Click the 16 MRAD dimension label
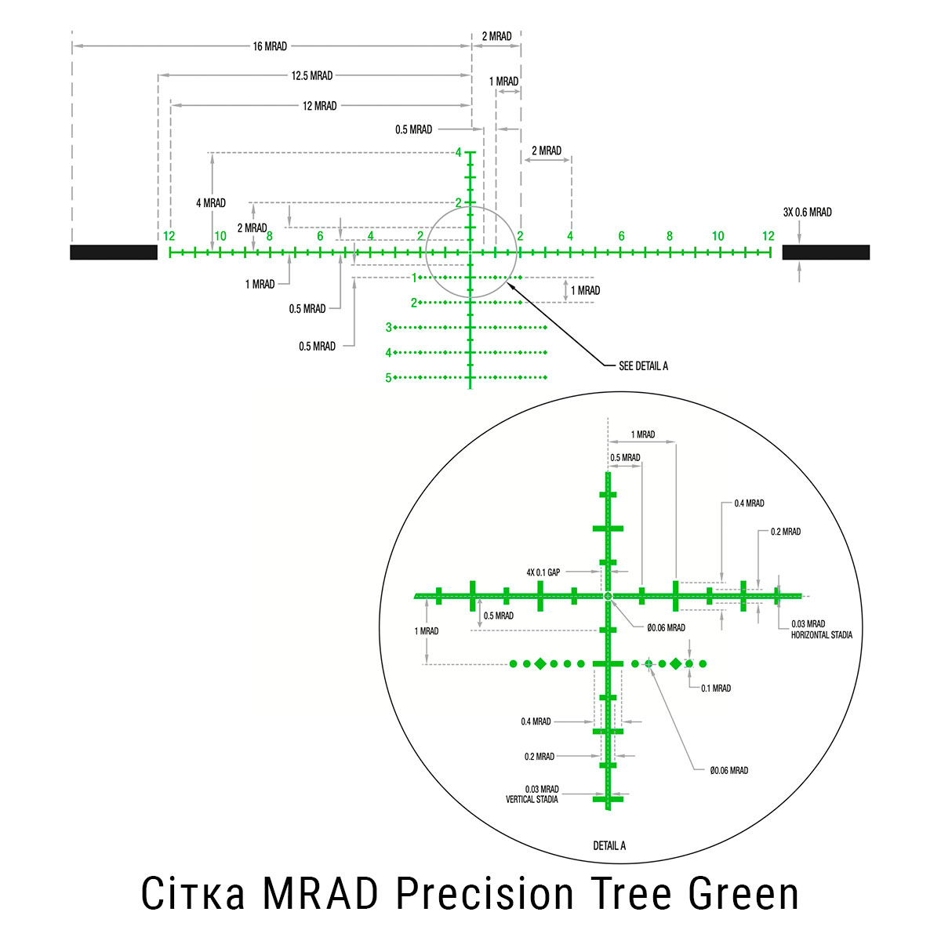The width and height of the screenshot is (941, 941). (270, 46)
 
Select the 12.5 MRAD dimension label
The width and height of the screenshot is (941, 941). (311, 76)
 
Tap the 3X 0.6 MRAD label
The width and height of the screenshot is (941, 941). (807, 213)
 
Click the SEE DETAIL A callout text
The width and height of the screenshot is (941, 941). (643, 366)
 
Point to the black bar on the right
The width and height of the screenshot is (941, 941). (826, 252)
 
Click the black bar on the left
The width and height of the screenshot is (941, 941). (114, 252)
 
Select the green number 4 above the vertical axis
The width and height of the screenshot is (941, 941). (458, 153)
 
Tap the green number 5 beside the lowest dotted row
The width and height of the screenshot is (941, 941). (388, 378)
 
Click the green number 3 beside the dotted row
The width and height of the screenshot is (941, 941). (388, 328)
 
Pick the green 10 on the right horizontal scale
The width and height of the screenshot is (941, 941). (718, 236)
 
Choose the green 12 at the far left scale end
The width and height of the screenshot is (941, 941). (169, 236)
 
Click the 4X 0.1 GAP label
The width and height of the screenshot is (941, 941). (543, 572)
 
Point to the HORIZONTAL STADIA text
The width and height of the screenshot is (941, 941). (821, 635)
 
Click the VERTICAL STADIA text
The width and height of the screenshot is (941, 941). (532, 800)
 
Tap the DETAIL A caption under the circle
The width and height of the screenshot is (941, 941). (609, 846)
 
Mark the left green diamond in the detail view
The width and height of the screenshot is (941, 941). (540, 664)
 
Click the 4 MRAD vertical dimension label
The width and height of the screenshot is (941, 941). (210, 203)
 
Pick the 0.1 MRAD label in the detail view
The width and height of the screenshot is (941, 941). (715, 688)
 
